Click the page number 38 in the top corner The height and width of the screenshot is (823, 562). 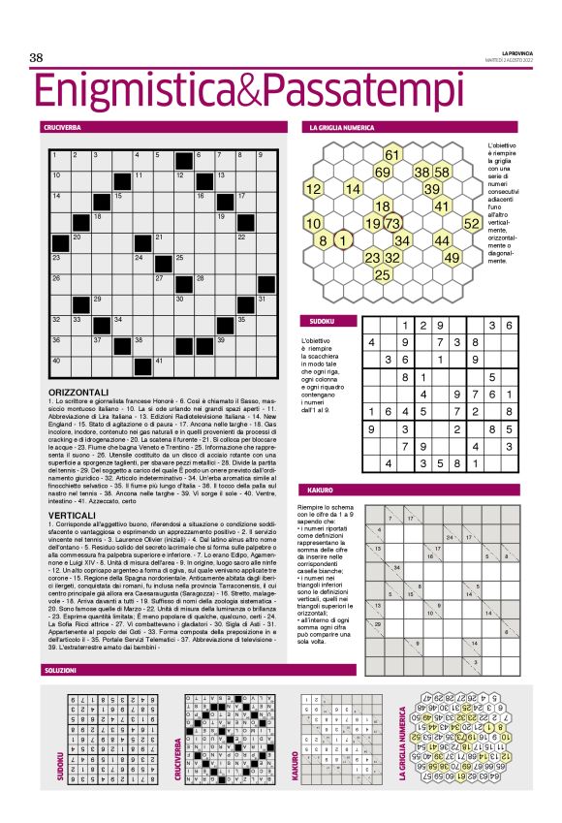tap(37, 58)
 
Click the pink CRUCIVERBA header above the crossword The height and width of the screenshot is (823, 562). tap(61, 127)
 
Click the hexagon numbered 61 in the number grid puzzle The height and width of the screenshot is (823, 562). tap(392, 154)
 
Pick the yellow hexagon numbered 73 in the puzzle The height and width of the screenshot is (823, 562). tap(393, 224)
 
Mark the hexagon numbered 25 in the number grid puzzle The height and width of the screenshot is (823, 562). tap(382, 275)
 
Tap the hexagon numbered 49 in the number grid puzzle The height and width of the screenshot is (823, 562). tap(452, 258)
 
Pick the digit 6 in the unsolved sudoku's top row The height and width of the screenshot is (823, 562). tap(508, 326)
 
